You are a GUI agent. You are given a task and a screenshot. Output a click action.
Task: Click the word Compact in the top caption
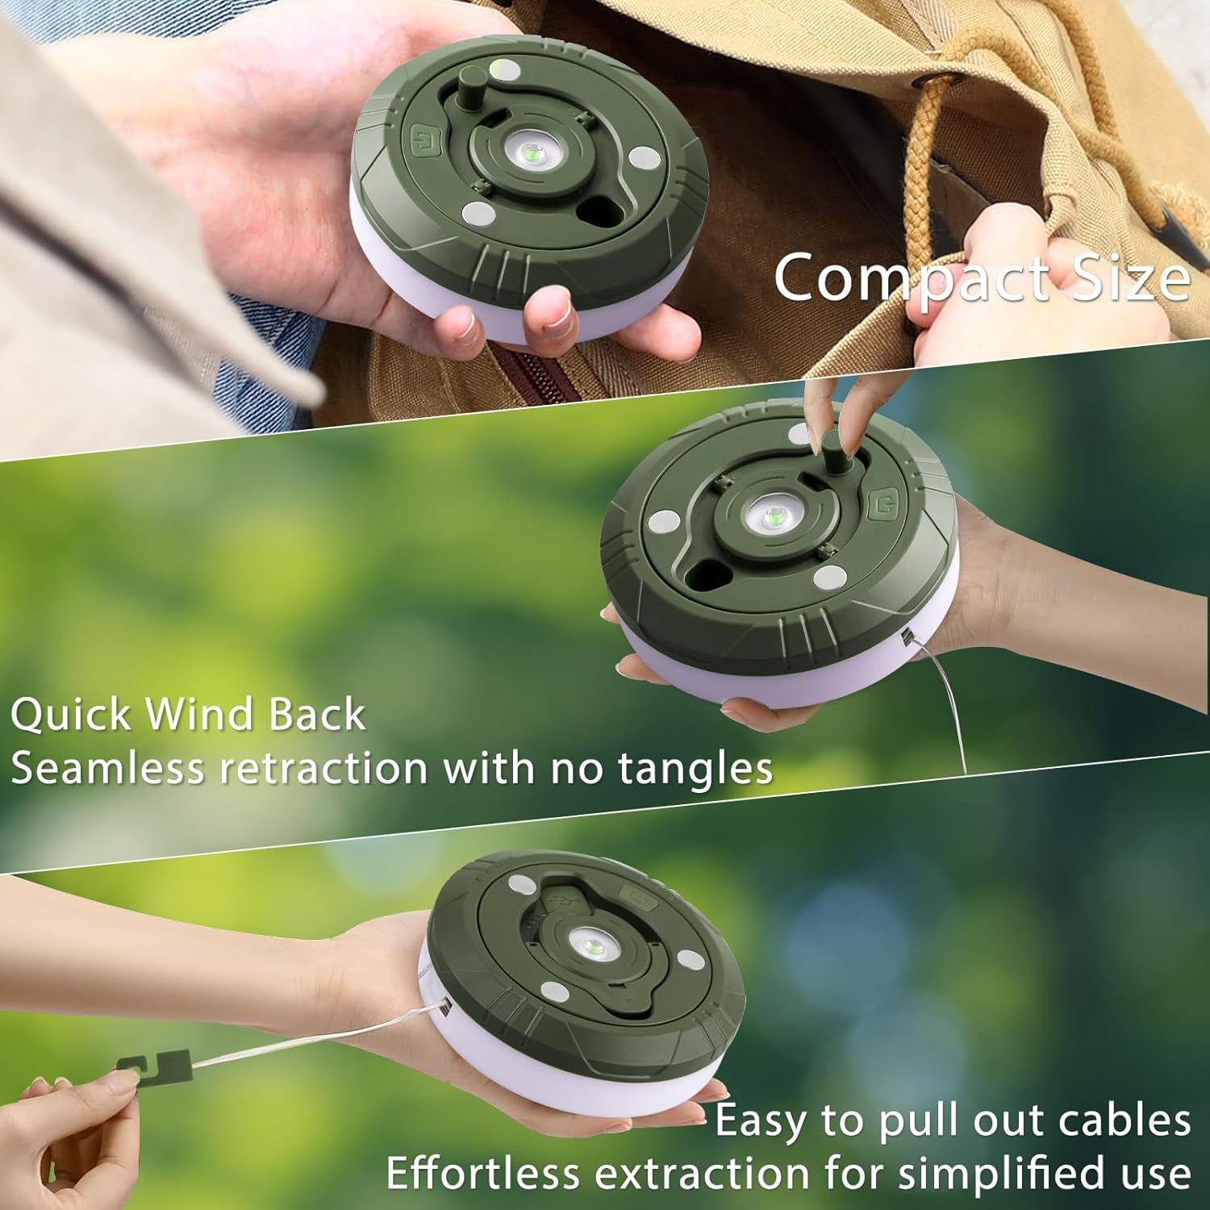pyautogui.click(x=912, y=276)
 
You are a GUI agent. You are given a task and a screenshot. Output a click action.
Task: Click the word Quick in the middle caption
pyautogui.click(x=71, y=715)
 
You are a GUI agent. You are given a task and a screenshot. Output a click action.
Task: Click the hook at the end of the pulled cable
pyautogui.click(x=153, y=1067)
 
